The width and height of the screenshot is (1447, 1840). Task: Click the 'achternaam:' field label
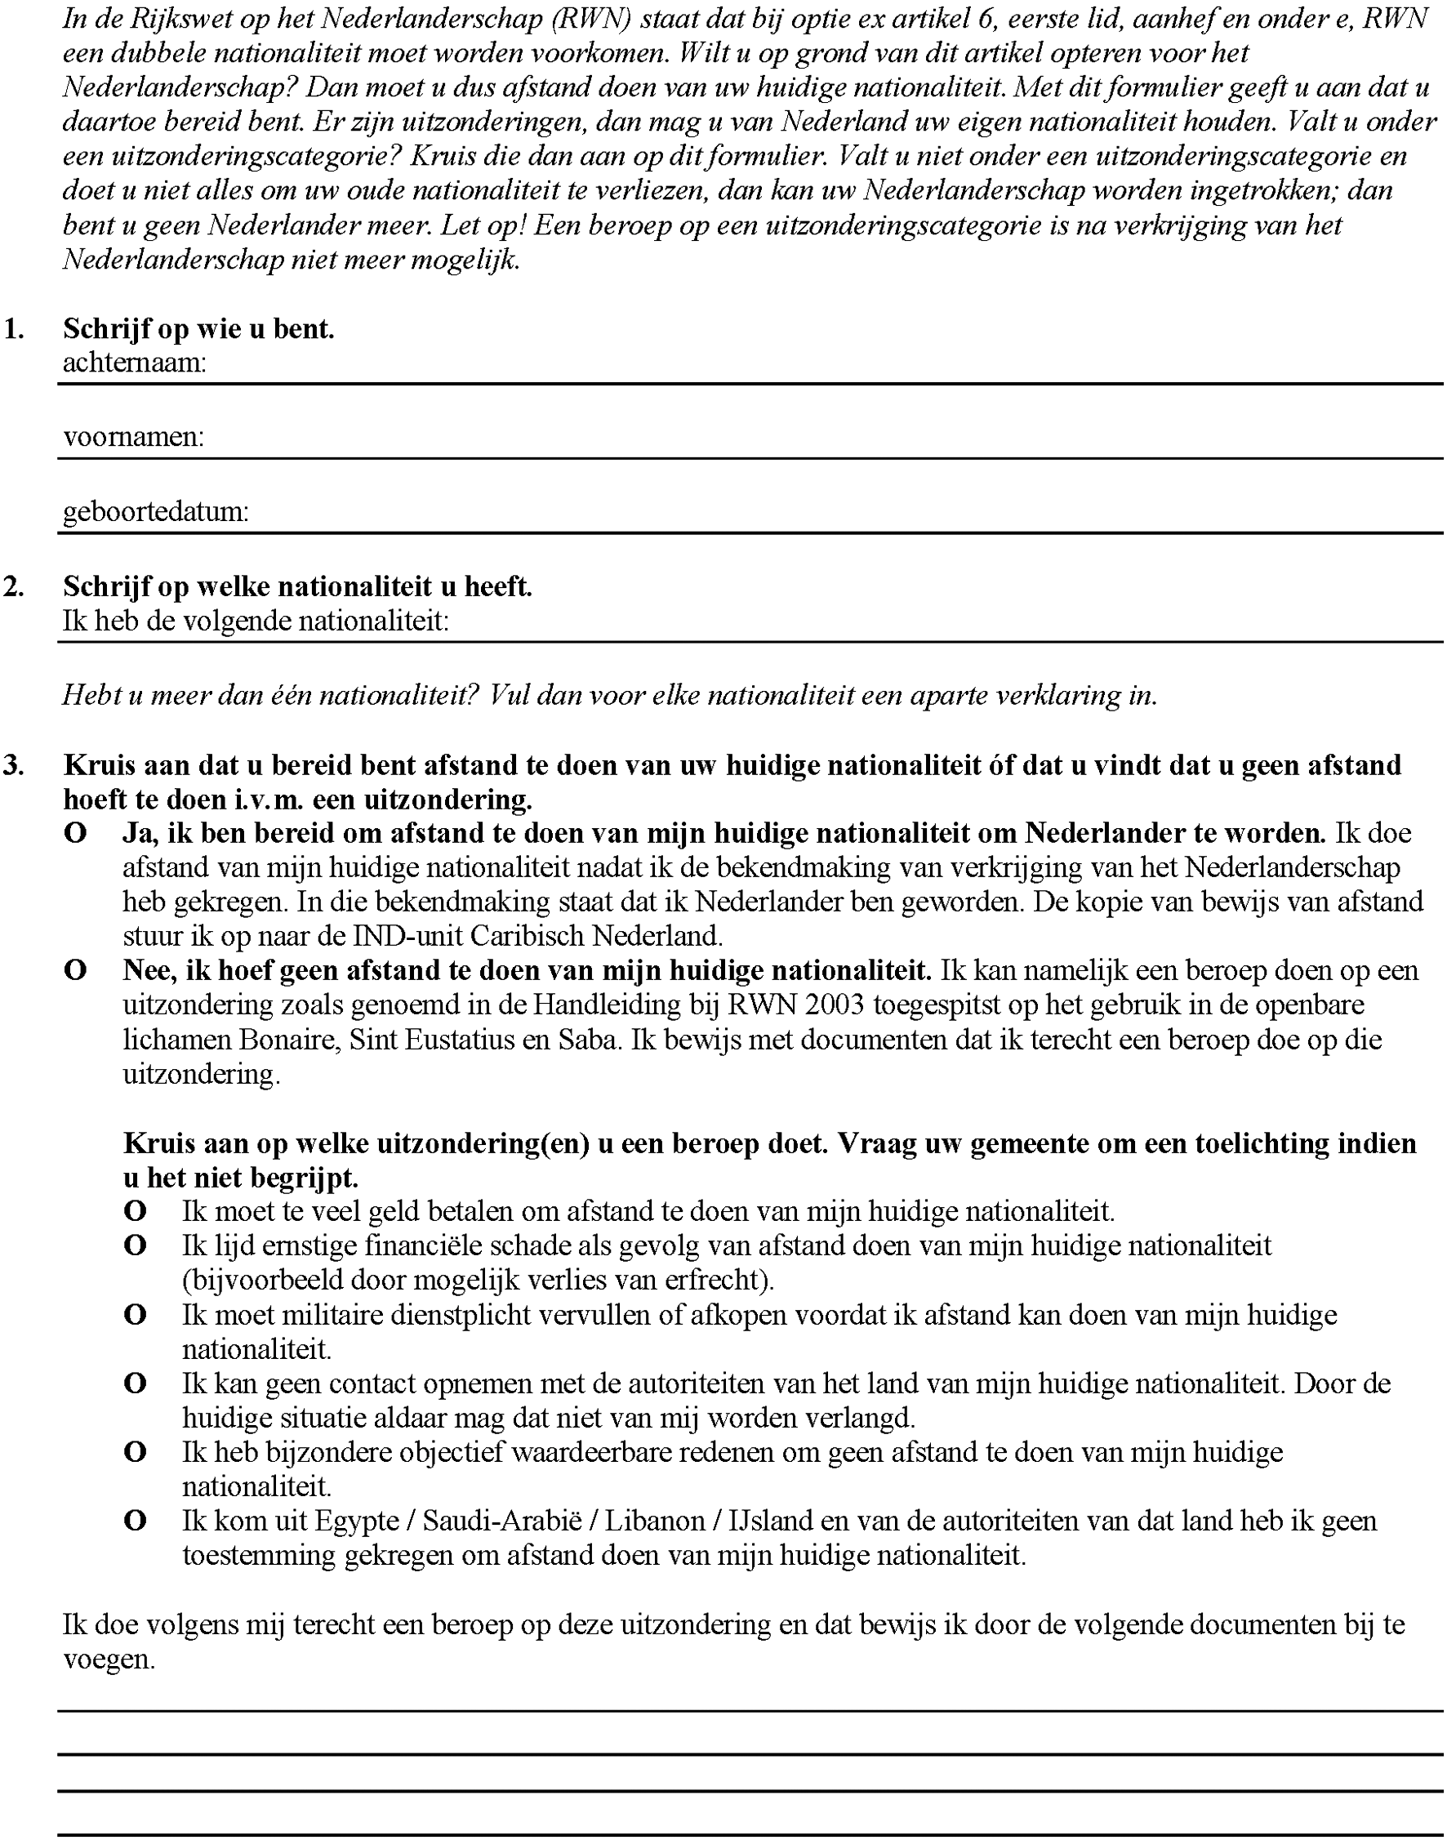135,363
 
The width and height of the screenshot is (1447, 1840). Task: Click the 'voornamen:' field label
134,437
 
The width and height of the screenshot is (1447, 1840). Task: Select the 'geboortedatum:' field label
156,512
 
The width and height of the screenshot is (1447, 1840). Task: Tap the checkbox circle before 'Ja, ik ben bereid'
75,834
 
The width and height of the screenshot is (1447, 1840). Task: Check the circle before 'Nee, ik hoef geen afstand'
75,970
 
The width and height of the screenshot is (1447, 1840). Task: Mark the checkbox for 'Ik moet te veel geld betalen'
136,1211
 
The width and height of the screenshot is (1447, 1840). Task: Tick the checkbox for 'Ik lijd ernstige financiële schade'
136,1246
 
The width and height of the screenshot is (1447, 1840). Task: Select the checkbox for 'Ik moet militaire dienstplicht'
136,1315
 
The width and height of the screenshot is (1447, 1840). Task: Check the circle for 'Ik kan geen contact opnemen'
136,1383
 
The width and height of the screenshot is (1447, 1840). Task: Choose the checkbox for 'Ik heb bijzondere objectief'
136,1452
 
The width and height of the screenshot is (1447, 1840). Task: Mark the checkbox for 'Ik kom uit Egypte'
136,1521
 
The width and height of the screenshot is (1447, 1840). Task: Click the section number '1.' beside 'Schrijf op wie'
14,328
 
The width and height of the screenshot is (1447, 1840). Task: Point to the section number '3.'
14,765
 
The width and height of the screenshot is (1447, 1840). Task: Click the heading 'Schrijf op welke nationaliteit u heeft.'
297,586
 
